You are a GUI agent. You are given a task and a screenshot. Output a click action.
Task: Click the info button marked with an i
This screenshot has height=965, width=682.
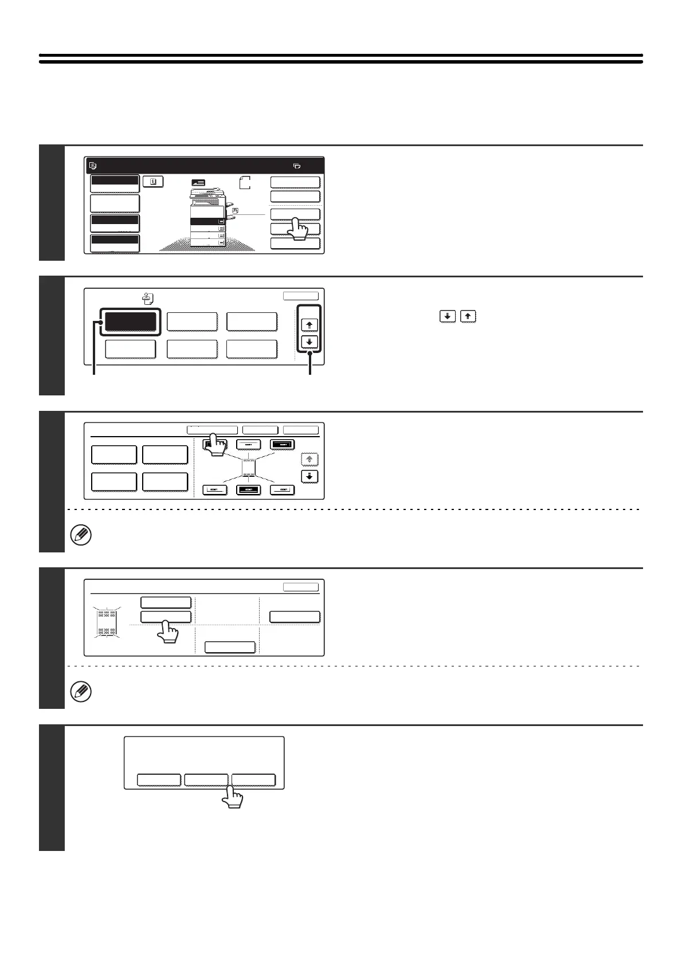(153, 182)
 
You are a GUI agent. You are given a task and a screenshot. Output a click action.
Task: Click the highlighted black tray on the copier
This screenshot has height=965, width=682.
(207, 221)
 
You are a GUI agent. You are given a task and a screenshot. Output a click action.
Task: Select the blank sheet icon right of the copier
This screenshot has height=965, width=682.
(245, 183)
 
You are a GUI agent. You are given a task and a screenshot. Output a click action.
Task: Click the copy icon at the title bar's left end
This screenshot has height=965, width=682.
(93, 166)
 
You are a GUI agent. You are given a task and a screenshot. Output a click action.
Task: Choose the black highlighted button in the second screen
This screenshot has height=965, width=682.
(130, 322)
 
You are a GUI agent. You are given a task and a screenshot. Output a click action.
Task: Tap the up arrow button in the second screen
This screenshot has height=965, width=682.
(309, 324)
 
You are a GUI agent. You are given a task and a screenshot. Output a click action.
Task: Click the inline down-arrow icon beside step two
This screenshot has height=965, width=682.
(448, 316)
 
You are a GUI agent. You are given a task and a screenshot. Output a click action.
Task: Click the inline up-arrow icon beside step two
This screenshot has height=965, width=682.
(468, 316)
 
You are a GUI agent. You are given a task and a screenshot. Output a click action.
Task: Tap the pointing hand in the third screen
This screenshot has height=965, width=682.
(215, 445)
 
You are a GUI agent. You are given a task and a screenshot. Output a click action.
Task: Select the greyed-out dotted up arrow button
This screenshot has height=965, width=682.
(309, 460)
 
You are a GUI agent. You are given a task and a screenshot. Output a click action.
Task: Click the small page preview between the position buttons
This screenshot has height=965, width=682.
(248, 467)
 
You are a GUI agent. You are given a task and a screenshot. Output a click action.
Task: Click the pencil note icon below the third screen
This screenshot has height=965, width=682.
(81, 536)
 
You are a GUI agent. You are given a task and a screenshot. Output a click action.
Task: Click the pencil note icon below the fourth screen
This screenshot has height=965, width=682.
(81, 692)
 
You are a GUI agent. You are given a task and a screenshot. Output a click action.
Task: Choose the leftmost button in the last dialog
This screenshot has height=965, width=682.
(159, 780)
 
